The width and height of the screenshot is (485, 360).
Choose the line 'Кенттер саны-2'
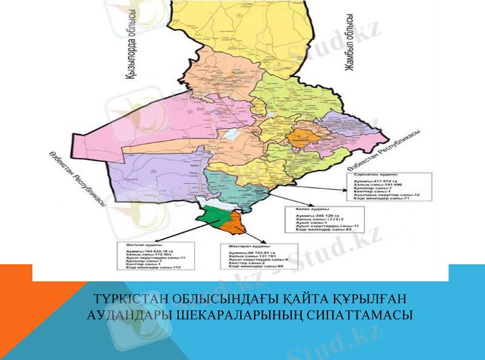[243, 263]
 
